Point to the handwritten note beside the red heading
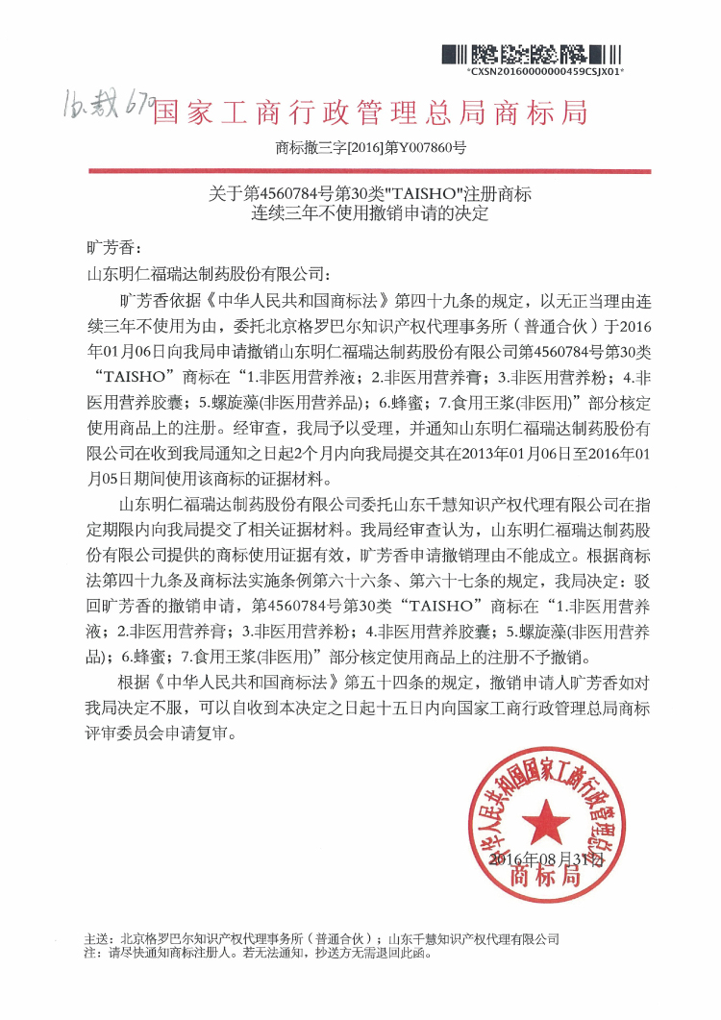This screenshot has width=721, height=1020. coord(103,101)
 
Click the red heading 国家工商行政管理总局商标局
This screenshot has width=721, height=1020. coord(370,112)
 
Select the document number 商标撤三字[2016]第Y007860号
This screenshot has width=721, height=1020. coord(370,148)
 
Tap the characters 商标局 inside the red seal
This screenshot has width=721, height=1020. coord(545,878)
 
